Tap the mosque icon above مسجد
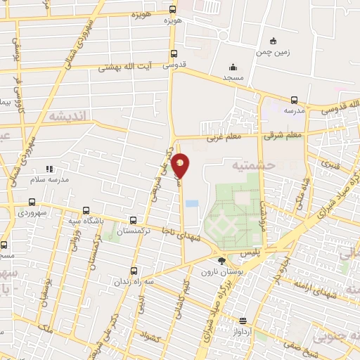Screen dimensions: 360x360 click(233, 67)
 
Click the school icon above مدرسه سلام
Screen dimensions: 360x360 click(49, 169)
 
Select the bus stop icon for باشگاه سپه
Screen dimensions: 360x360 click(86, 210)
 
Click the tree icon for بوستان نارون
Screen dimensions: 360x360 click(222, 262)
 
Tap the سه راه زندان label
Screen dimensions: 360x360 click(134, 281)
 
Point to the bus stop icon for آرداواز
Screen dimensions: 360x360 click(243, 320)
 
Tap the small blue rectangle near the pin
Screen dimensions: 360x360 click(193, 204)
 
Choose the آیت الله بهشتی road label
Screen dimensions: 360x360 click(124, 67)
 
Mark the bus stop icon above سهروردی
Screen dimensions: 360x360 click(32, 201)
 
